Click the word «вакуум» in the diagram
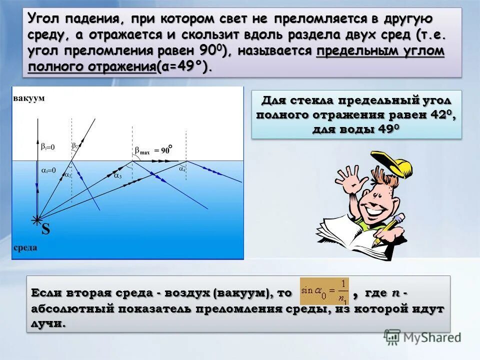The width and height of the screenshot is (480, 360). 29,98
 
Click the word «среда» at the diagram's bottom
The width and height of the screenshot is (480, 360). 25,247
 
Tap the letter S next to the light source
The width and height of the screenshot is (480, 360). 45,229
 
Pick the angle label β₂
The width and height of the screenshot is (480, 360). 75,145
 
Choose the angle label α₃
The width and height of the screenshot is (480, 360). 117,175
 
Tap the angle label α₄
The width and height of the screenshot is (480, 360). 182,168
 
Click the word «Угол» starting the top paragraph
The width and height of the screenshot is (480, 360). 44,19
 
